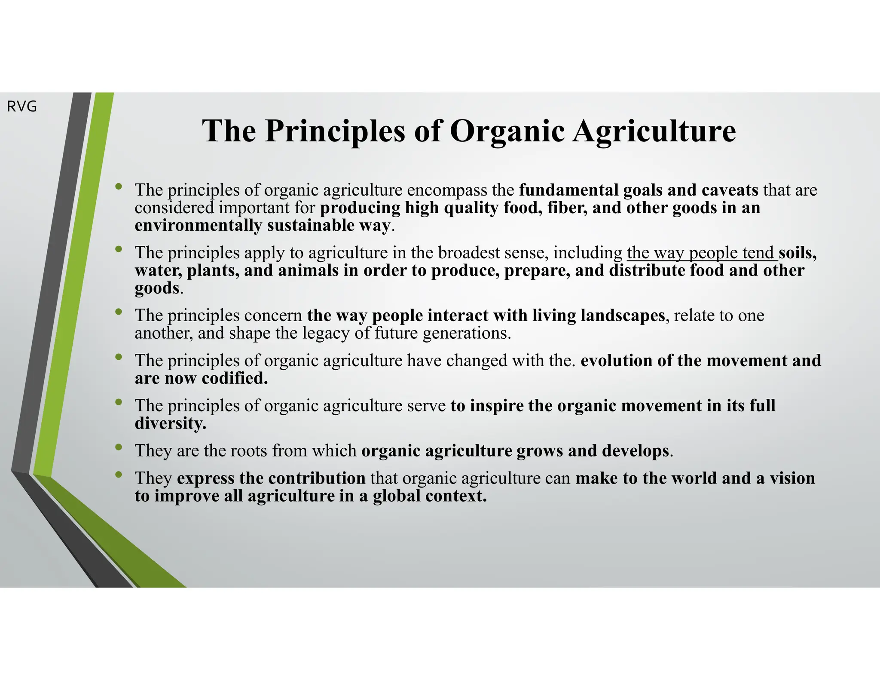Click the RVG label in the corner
22,107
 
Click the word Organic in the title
507,131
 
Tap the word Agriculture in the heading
654,131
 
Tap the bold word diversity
170,423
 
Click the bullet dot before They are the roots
119,447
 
